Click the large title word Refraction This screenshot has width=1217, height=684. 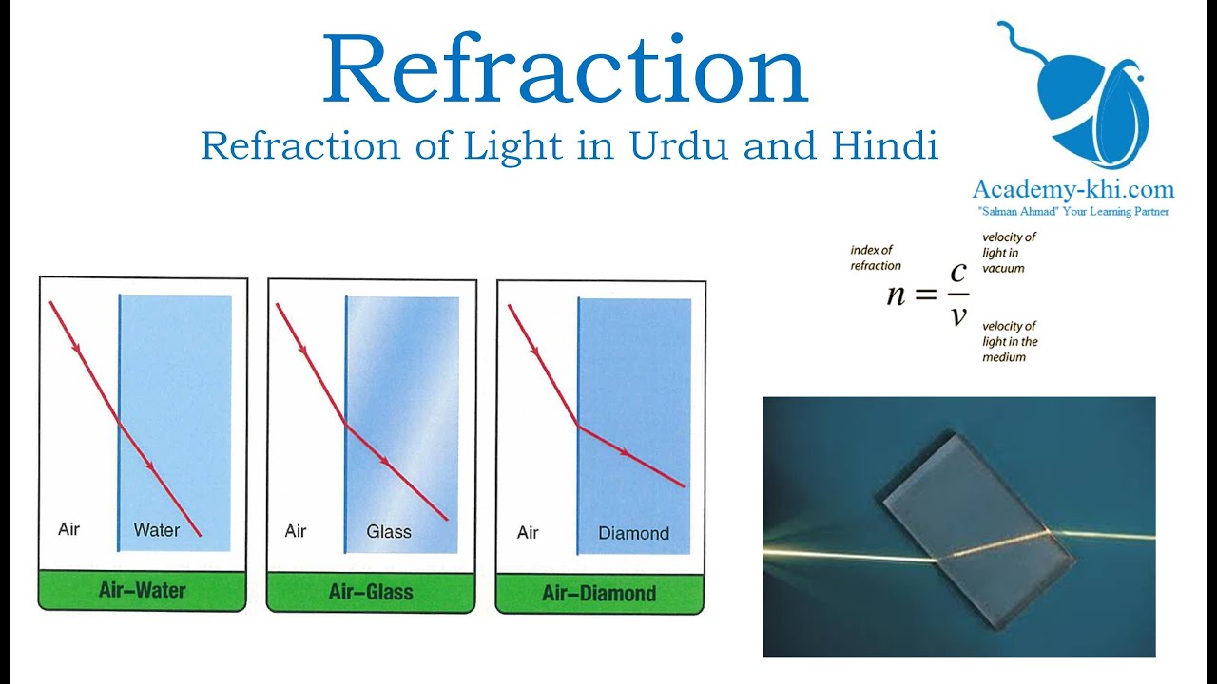point(565,72)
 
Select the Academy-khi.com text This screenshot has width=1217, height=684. point(1072,189)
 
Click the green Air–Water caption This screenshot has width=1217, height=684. point(143,591)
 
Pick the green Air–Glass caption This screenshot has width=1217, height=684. point(371,593)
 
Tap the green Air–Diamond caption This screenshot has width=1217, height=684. point(599,595)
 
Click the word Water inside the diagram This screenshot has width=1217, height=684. point(157,530)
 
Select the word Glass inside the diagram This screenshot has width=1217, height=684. point(389,532)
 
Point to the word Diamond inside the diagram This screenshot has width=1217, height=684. point(634,534)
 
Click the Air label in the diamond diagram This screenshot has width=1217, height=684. point(529,533)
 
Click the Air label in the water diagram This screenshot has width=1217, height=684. point(68,529)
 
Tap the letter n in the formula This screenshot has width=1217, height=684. point(896,294)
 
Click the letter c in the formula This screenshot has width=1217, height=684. point(958,272)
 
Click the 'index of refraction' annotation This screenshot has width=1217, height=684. point(876,257)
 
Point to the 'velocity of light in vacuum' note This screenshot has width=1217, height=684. point(1009,253)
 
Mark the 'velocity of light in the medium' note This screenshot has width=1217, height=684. point(1010,342)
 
